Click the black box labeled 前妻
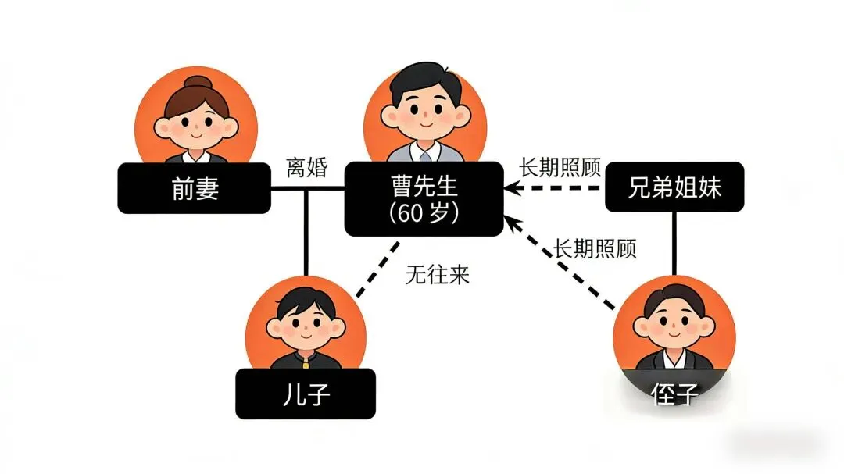[x=195, y=188]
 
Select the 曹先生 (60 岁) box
[x=424, y=198]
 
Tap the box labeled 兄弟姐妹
[x=674, y=188]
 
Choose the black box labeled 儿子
[x=306, y=394]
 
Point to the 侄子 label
[x=674, y=394]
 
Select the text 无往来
[x=438, y=275]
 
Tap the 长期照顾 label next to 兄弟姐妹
[x=560, y=167]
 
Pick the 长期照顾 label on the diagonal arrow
[x=595, y=248]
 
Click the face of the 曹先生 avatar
[x=424, y=111]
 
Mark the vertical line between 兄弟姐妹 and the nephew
[x=674, y=242]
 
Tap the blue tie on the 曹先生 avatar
[x=424, y=153]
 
